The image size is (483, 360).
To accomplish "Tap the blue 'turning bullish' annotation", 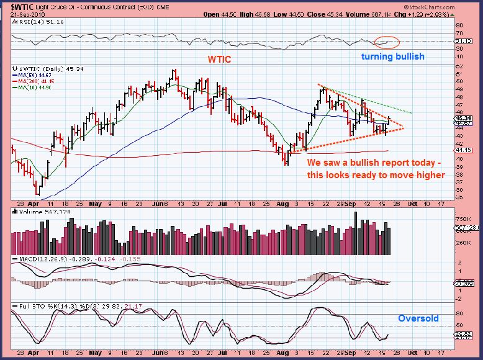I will (x=394, y=56).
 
